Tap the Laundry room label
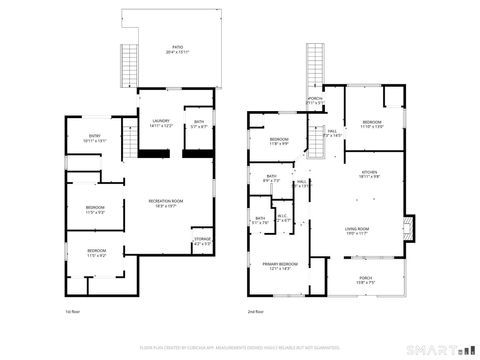point(161,124)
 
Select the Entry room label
point(95,138)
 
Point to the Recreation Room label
point(166,203)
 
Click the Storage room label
point(201,241)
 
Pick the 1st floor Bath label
point(200,124)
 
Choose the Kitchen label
point(370,174)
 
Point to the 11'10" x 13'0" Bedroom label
point(373,125)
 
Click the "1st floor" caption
point(72,312)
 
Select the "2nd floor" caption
point(257,312)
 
